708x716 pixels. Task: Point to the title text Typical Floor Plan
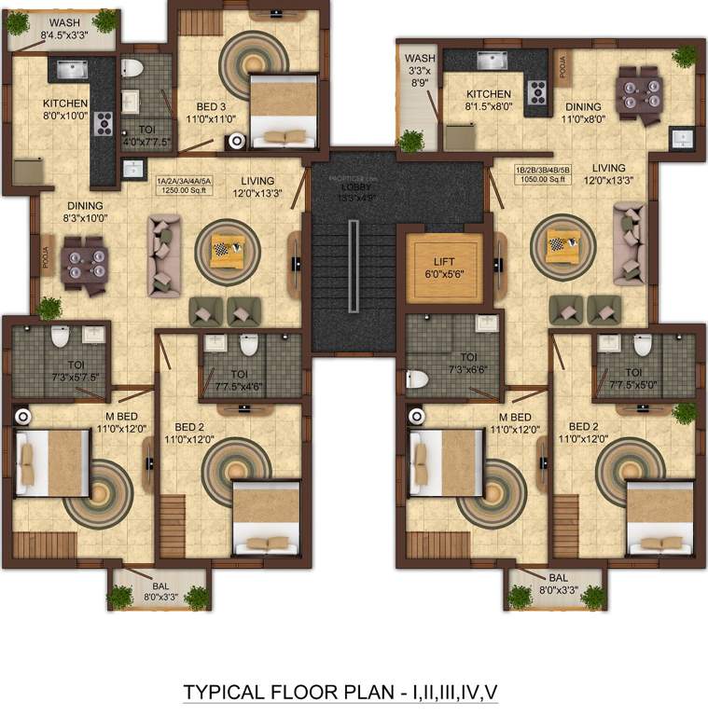(x=340, y=692)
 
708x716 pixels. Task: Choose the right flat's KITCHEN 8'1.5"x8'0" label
(x=488, y=100)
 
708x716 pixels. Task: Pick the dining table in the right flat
(x=640, y=93)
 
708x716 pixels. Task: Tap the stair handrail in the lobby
(x=353, y=266)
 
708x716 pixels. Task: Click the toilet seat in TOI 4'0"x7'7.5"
(x=132, y=68)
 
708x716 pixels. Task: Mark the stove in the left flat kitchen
(x=103, y=124)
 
